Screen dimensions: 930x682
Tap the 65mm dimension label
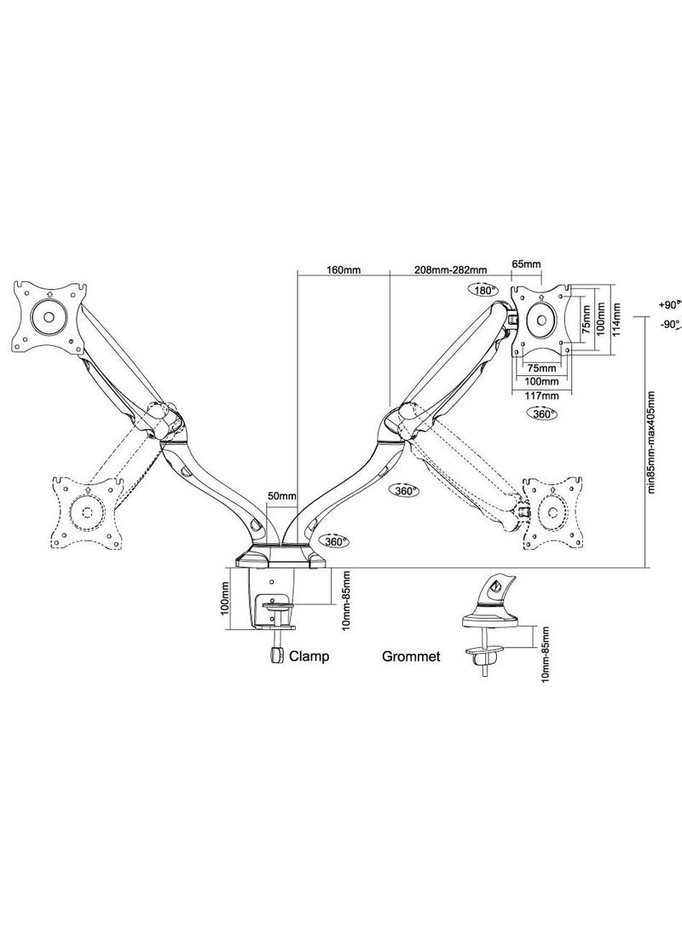coord(525,265)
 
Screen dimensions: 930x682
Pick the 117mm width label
coord(541,395)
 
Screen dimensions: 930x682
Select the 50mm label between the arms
coord(281,495)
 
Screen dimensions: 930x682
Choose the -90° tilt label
coord(668,325)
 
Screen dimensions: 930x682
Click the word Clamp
coord(309,656)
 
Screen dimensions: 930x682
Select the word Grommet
coord(411,656)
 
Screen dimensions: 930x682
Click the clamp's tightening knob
coord(275,655)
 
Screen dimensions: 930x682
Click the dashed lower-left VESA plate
coord(85,512)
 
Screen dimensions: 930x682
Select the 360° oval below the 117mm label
coord(541,413)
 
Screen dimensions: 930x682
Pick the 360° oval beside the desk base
coord(333,541)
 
